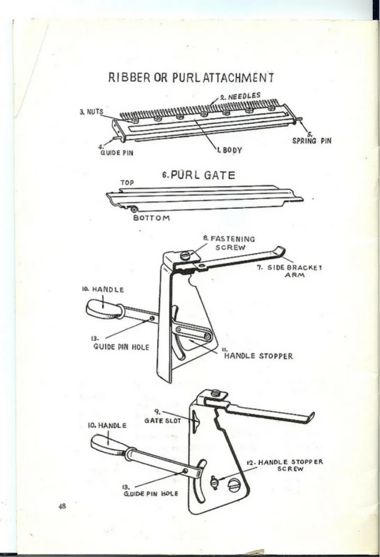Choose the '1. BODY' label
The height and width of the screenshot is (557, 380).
tap(229, 150)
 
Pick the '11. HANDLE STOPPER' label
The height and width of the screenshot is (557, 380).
tap(258, 355)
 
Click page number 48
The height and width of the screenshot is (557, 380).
tap(62, 506)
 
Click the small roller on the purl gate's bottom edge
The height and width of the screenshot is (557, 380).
tap(135, 209)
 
